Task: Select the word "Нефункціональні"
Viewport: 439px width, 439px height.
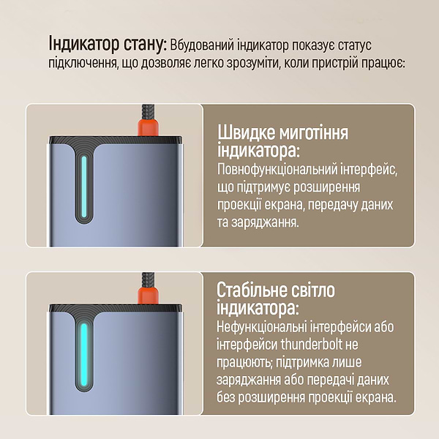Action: [269, 327]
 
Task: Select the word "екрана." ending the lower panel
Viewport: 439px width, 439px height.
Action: [375, 397]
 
